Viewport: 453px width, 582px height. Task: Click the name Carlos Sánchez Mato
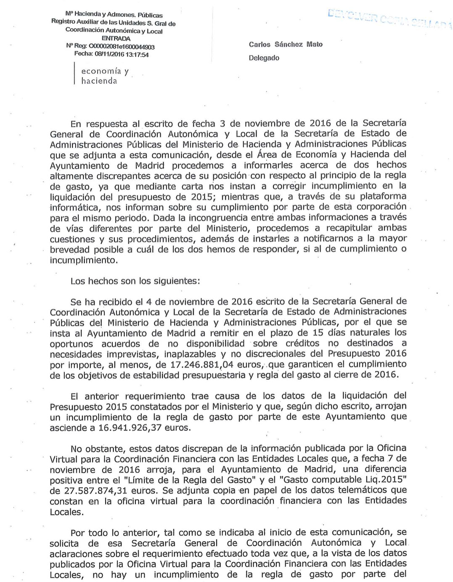286,45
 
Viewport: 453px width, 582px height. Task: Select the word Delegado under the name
264,58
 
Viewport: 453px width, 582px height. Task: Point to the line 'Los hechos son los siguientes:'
135,281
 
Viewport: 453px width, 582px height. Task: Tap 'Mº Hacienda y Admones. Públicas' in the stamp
114,15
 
